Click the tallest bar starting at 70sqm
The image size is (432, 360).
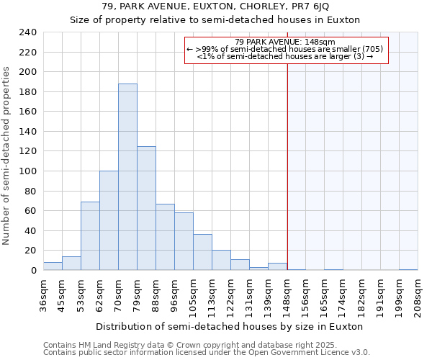(127, 177)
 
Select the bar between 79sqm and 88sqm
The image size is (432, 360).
(146, 208)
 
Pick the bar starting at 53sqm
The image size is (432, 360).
(90, 236)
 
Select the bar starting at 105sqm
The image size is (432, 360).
(202, 252)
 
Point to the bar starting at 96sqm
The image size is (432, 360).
(184, 241)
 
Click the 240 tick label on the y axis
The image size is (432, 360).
(27, 32)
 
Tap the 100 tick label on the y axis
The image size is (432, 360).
(27, 171)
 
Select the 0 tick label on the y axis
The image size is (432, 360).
(33, 271)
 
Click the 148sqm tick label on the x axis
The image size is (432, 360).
(287, 296)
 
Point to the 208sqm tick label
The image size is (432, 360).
(418, 296)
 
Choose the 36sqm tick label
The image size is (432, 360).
(43, 296)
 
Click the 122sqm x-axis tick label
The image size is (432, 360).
(231, 296)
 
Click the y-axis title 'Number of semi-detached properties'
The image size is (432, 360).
(7, 156)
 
